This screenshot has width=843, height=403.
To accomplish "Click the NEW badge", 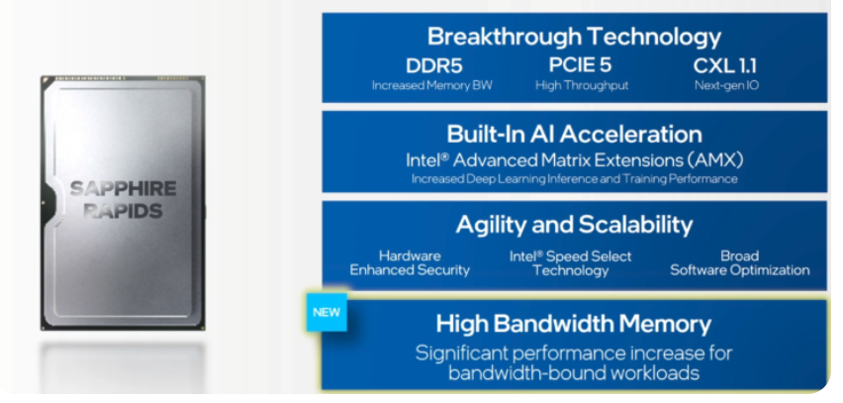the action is coord(327,312).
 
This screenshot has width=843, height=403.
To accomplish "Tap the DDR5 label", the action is coord(433,66).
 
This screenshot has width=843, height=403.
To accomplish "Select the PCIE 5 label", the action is coord(580,65).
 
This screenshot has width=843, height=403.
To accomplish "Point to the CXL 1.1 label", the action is coord(724,66).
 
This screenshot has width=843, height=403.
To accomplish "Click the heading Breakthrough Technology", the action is coord(574,37).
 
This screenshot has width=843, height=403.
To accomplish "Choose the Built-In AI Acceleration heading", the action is coord(574,134).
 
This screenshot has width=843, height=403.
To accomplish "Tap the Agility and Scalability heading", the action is coord(574,225).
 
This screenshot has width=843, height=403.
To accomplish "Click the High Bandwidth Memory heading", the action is coord(574,324).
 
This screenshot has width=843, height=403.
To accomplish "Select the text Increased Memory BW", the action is coord(431,85).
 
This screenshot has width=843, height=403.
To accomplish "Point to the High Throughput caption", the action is coord(582,85).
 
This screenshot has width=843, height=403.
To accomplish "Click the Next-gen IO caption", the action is coord(726,85).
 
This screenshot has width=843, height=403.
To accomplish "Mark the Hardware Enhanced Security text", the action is coord(410,262).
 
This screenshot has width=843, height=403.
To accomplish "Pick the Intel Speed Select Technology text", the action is coord(571,262).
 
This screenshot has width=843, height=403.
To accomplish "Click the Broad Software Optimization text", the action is coord(740,262).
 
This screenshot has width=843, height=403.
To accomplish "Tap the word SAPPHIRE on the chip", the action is coord(123,189).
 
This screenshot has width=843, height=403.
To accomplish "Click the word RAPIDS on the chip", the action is coord(123,211).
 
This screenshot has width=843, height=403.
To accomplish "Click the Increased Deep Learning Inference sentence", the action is coord(574,179).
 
